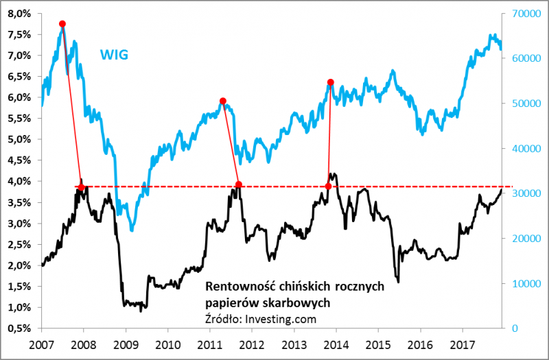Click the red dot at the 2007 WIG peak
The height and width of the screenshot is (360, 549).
click(62, 24)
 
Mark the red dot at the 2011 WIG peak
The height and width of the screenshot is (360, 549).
click(223, 101)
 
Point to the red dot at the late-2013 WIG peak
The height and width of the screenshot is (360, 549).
click(331, 82)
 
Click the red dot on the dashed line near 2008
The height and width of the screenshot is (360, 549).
click(81, 187)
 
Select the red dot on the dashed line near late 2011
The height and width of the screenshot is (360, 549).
click(239, 184)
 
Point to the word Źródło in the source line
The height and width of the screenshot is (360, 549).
click(224, 317)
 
